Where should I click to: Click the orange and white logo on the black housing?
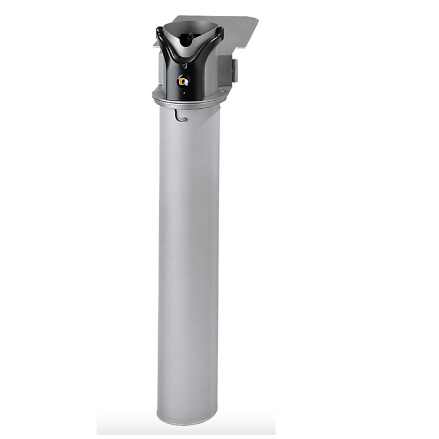pos(184,81)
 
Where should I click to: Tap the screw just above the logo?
pos(184,65)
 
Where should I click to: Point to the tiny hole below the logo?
pos(184,92)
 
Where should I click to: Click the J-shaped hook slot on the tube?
pos(180,118)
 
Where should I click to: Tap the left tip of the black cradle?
pos(159,29)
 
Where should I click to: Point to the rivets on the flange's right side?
pos(222,91)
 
